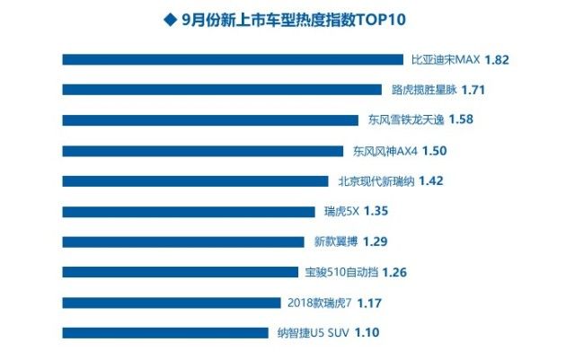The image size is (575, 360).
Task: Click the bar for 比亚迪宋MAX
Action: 232,59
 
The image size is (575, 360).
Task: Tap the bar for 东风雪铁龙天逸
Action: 210,119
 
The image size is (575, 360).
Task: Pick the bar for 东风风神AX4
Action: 202,150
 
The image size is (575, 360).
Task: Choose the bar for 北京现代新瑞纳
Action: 195,180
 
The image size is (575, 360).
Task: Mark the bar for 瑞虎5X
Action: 189,211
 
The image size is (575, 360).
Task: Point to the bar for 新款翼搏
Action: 183,241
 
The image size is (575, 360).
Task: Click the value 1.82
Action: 496,59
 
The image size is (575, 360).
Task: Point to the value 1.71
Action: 475,90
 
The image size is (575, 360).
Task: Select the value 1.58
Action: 460,119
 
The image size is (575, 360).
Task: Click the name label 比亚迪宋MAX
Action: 445,59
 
